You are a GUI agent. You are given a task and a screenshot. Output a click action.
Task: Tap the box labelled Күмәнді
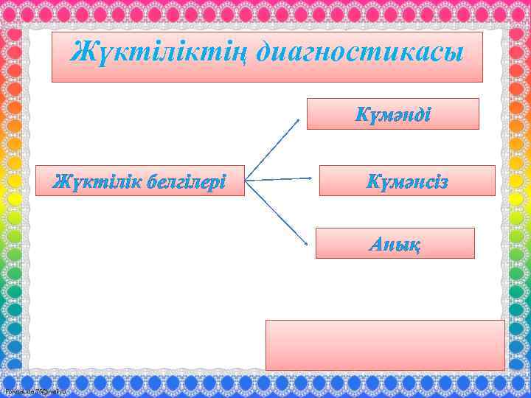[392, 114]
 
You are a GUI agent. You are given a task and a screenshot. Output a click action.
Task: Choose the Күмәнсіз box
[406, 181]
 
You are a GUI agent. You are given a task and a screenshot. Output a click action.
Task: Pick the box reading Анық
[395, 243]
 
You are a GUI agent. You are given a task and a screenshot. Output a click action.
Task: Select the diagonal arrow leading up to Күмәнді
[273, 147]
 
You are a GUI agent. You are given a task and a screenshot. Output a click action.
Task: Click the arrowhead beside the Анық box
[304, 241]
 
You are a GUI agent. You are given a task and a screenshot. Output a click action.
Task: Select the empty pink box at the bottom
[385, 344]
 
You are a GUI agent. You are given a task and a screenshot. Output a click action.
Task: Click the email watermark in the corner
[35, 390]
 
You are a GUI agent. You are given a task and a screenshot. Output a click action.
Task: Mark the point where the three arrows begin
[246, 179]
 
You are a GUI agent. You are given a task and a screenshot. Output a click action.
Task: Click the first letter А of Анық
[375, 244]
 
